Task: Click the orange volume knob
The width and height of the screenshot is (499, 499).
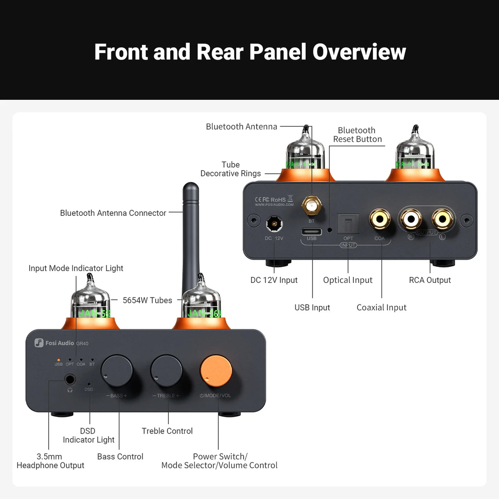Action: [x=216, y=371]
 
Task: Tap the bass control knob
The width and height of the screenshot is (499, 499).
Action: [x=117, y=371]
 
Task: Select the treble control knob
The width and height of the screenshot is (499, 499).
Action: [x=166, y=371]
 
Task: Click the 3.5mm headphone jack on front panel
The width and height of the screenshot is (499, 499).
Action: [x=69, y=380]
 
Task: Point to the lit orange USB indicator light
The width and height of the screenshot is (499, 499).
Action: [x=58, y=360]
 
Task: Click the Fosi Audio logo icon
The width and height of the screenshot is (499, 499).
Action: [x=39, y=343]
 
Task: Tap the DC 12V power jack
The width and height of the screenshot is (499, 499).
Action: [x=274, y=224]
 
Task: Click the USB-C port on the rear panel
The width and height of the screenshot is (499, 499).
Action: [x=311, y=232]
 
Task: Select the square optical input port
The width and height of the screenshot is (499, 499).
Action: [x=348, y=224]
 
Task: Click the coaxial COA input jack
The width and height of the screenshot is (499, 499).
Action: [x=379, y=219]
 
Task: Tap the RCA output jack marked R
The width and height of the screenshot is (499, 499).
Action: [x=411, y=219]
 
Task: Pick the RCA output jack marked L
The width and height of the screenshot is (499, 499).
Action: [x=442, y=219]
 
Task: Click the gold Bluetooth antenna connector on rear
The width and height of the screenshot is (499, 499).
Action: [x=311, y=205]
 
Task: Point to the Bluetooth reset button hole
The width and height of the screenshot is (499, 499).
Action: [x=330, y=230]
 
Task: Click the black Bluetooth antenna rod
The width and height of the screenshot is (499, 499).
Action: [x=191, y=233]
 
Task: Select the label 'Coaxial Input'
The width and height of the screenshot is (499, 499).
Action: [x=381, y=307]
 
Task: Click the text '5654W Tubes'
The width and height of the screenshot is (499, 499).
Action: [x=147, y=300]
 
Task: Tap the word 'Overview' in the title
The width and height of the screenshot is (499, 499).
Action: [x=359, y=52]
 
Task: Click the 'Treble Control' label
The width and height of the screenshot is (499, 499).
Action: [x=167, y=431]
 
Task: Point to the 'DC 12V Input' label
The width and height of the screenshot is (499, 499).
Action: [x=274, y=280]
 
